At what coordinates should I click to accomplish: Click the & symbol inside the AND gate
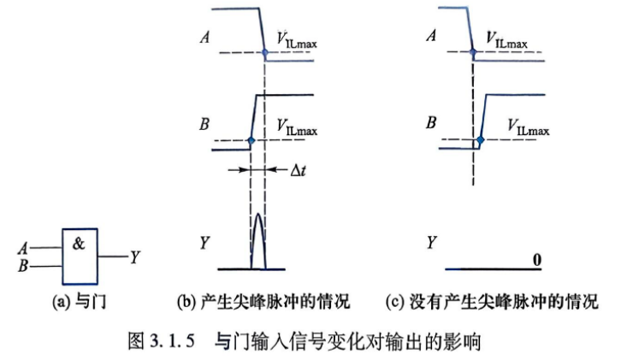[79, 244]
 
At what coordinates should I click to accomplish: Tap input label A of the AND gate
[22, 249]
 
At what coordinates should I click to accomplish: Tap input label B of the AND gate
[23, 265]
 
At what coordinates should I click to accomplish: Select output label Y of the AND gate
[135, 257]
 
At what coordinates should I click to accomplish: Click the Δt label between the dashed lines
[298, 170]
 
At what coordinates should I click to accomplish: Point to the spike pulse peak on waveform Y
[258, 215]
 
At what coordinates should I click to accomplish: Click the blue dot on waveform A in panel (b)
[265, 52]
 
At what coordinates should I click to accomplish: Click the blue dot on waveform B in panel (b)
[251, 140]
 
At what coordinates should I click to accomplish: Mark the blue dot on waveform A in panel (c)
[472, 52]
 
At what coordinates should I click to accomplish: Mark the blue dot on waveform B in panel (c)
[481, 139]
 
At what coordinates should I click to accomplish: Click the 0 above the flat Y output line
[537, 260]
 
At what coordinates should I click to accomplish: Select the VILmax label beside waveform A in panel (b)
[297, 40]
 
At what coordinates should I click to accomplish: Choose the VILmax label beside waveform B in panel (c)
[529, 127]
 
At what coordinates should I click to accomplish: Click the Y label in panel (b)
[204, 242]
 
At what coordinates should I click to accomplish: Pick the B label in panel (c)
[431, 122]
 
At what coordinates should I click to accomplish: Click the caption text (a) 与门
[80, 302]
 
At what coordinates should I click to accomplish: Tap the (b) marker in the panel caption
[186, 303]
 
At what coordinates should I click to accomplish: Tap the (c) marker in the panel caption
[394, 303]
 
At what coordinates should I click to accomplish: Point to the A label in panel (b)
[204, 38]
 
